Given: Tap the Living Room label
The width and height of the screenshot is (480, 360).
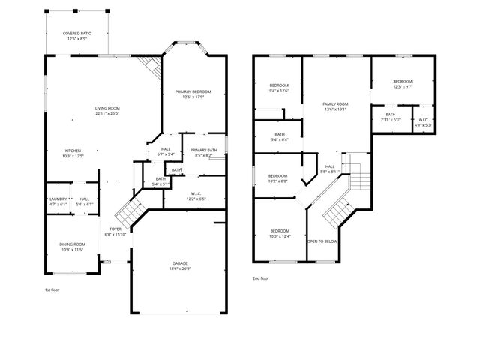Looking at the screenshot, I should [x=107, y=110].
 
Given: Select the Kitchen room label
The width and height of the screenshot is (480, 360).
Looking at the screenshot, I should [x=73, y=153].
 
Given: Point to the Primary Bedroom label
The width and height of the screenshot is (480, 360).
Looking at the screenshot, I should [x=193, y=94].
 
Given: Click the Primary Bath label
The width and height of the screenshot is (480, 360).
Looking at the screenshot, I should [x=203, y=152].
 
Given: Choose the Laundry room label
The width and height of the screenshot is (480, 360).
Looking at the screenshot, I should [x=58, y=201].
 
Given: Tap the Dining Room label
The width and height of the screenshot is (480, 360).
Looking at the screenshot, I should [x=73, y=247].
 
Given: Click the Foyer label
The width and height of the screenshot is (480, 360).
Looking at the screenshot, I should [x=115, y=231].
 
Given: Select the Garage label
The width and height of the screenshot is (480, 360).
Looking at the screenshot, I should [x=180, y=265].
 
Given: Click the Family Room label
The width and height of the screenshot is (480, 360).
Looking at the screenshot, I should [x=335, y=106].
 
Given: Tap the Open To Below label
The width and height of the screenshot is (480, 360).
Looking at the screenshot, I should [x=322, y=241].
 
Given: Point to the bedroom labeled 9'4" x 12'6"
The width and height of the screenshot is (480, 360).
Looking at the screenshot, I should [x=279, y=88].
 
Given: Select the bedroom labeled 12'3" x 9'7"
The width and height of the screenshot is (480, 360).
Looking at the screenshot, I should [x=403, y=83].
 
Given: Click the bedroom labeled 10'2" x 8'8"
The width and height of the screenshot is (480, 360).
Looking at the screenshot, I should [x=278, y=178].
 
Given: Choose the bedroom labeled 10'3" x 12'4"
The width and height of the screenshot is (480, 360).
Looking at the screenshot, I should [x=279, y=232].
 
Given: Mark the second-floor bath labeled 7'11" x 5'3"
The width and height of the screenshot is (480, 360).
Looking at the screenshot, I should [x=391, y=116].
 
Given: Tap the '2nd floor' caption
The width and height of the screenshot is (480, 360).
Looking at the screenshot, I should [x=261, y=278].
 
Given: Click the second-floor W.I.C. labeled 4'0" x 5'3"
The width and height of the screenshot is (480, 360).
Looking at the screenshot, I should [x=422, y=122].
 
